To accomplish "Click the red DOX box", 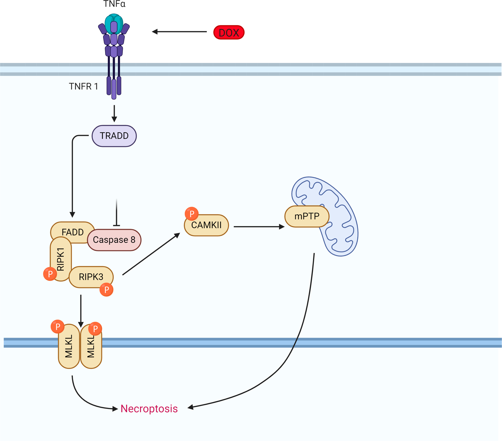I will click(229, 32).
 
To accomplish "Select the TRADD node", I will click(114, 136).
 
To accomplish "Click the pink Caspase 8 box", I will click(114, 240).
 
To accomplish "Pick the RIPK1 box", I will click(61, 258).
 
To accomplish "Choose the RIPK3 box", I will click(91, 277).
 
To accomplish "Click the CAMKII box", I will click(206, 225).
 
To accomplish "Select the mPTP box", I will click(307, 216).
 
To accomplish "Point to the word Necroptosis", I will click(149, 409).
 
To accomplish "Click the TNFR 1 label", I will click(83, 86).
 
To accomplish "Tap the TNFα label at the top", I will click(114, 4).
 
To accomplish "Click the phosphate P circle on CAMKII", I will click(192, 214).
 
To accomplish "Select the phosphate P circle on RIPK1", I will click(50, 274).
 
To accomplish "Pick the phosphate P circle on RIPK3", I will click(106, 290).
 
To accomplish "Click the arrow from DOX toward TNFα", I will click(179, 32).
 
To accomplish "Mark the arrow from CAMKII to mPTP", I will click(259, 227).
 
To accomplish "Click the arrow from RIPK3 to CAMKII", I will click(151, 254).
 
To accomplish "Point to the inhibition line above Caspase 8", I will click(116, 213).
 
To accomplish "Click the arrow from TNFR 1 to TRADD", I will click(114, 114).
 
